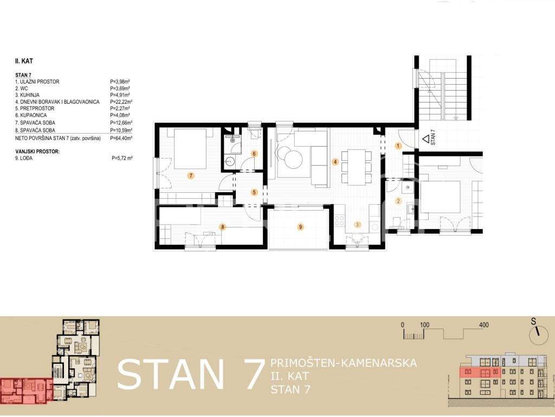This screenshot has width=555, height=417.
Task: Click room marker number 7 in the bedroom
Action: tap(191, 175)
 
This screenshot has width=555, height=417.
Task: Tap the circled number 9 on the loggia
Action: tap(300, 227)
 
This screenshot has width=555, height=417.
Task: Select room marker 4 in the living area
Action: tap(335, 162)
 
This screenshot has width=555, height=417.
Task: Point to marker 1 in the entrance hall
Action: tap(398, 146)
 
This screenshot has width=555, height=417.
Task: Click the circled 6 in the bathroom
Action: tap(254, 154)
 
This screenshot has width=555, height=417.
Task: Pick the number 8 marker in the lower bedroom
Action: tap(222, 227)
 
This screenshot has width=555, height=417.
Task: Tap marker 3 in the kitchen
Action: tap(358, 224)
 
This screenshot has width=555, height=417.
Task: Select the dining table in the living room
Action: tap(357, 167)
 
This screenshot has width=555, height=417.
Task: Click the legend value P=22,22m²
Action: tap(121, 102)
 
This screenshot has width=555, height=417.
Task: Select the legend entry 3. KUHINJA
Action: tap(27, 95)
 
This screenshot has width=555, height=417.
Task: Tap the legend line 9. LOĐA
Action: tap(24, 158)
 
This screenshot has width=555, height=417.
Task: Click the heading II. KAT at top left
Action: tap(24, 61)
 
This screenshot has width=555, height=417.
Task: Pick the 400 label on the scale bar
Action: tap(483, 325)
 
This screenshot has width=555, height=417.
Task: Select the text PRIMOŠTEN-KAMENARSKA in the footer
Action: tap(343, 363)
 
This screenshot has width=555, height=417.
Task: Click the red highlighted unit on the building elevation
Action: tap(480, 372)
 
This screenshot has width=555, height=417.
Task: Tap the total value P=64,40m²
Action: tap(121, 138)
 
